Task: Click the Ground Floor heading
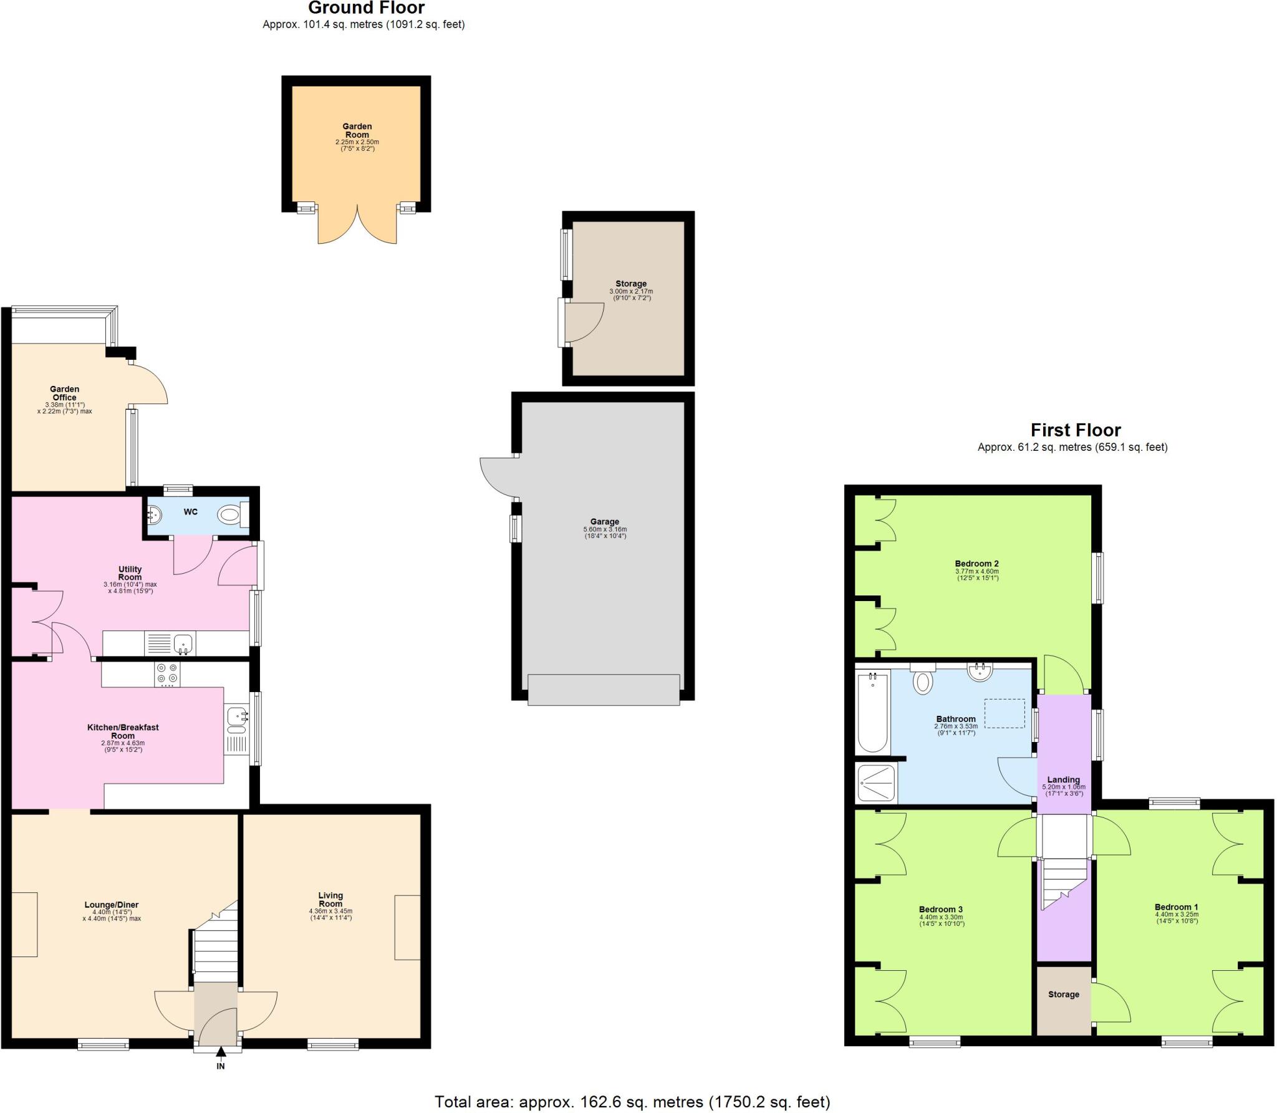[366, 8]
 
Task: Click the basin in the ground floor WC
[154, 515]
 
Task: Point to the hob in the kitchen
[167, 673]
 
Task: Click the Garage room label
[605, 522]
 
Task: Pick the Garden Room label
[357, 130]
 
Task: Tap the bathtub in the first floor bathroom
[872, 712]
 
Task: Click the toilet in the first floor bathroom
[923, 680]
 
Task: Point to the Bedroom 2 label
[976, 564]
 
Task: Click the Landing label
[1063, 779]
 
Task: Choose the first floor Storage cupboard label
[1063, 995]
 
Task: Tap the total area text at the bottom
[632, 1102]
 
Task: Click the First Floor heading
[1076, 430]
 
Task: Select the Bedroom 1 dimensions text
[1176, 918]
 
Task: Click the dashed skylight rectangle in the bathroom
[1004, 713]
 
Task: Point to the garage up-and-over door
[604, 690]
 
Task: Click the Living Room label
[330, 900]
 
